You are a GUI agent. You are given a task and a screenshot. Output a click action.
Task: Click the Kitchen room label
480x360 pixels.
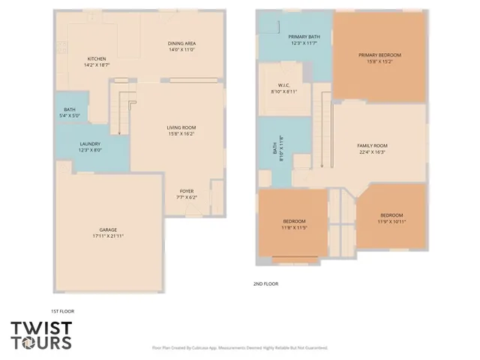pyautogui.click(x=97, y=59)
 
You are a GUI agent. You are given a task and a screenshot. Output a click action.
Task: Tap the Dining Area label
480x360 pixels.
pyautogui.click(x=181, y=43)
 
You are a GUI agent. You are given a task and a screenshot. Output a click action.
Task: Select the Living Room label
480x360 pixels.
pyautogui.click(x=181, y=128)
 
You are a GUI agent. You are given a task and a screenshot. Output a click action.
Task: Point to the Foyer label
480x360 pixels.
pyautogui.click(x=187, y=191)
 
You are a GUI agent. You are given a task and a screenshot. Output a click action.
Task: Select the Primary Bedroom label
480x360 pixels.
pyautogui.click(x=379, y=55)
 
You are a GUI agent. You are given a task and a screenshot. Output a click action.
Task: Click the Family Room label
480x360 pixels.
pyautogui.click(x=371, y=145)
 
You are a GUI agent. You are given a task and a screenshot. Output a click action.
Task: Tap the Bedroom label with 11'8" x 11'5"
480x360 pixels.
pyautogui.click(x=294, y=221)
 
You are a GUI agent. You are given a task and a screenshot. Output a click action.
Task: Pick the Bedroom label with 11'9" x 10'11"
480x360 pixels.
pyautogui.click(x=391, y=216)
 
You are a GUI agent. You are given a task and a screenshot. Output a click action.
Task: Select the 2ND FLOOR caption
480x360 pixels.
pyautogui.click(x=265, y=284)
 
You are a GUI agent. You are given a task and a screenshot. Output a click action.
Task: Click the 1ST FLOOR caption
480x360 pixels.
pyautogui.click(x=62, y=310)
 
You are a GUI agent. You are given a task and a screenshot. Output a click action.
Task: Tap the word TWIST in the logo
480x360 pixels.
pyautogui.click(x=41, y=328)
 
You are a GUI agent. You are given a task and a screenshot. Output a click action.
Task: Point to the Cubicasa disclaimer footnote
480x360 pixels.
pyautogui.click(x=239, y=348)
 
